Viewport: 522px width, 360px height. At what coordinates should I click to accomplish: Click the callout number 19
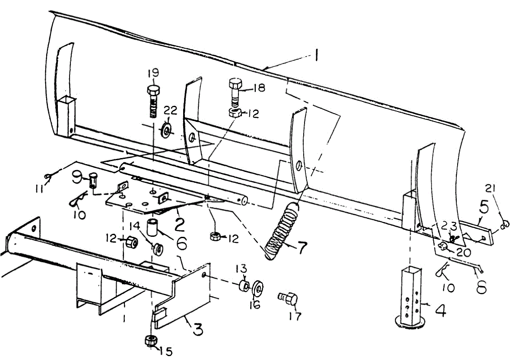[x=153, y=73]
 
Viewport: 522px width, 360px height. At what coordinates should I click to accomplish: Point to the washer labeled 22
[x=166, y=130]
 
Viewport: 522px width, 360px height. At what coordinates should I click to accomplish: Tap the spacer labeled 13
[x=244, y=286]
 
